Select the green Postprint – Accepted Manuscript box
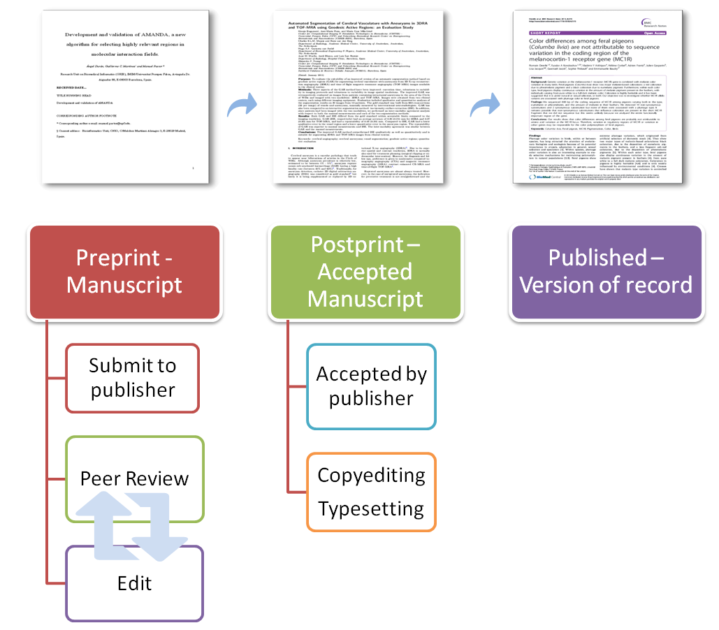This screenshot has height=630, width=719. pyautogui.click(x=365, y=271)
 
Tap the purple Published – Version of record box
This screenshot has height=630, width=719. pyautogui.click(x=606, y=271)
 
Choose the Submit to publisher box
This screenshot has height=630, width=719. pyautogui.click(x=133, y=378)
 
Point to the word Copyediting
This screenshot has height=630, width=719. pyautogui.click(x=370, y=475)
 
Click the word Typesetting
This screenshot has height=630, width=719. pyautogui.click(x=370, y=508)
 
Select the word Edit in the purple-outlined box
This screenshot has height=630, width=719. pyautogui.click(x=135, y=583)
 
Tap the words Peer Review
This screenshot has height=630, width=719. pyautogui.click(x=134, y=478)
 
